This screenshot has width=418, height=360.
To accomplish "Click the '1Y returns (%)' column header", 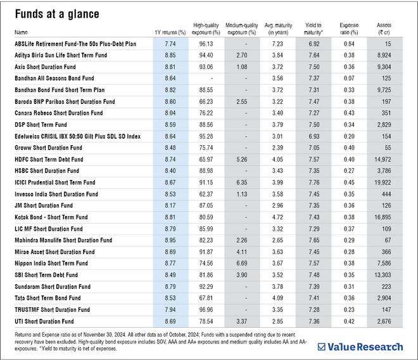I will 170,32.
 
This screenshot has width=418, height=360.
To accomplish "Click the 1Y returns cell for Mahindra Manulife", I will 170,240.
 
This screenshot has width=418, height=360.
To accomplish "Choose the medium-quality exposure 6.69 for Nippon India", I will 241,264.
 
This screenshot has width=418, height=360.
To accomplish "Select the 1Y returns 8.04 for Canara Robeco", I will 170,113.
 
